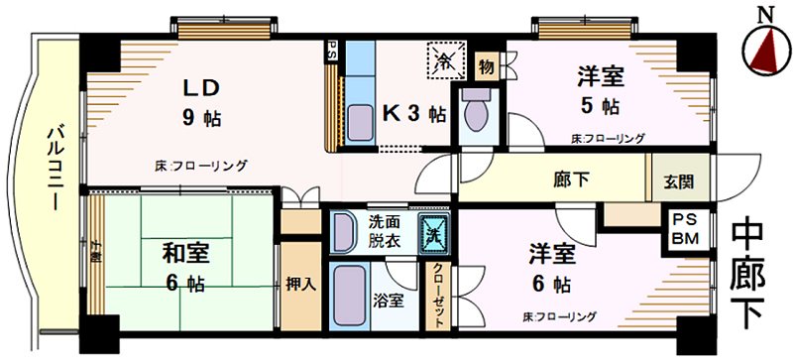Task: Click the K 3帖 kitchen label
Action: [413, 113]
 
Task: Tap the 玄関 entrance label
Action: [680, 181]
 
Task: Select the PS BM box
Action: [685, 229]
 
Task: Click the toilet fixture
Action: [476, 115]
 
